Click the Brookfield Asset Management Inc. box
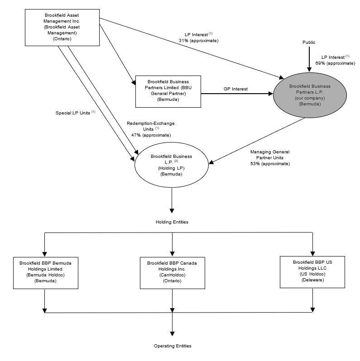pyautogui.click(x=62, y=27)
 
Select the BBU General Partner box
pyautogui.click(x=168, y=91)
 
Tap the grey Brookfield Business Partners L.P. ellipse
pyautogui.click(x=310, y=95)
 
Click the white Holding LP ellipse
pyautogui.click(x=171, y=165)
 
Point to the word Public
pyautogui.click(x=309, y=42)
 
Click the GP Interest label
pyautogui.click(x=235, y=89)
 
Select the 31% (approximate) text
pyautogui.click(x=198, y=41)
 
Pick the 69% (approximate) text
pyautogui.click(x=336, y=63)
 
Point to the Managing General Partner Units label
pyautogui.click(x=270, y=155)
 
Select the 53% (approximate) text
pyautogui.click(x=270, y=163)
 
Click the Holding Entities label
pyautogui.click(x=172, y=222)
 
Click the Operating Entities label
pyautogui.click(x=173, y=346)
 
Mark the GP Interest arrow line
pyautogui.click(x=235, y=94)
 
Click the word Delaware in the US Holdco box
pyautogui.click(x=312, y=280)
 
